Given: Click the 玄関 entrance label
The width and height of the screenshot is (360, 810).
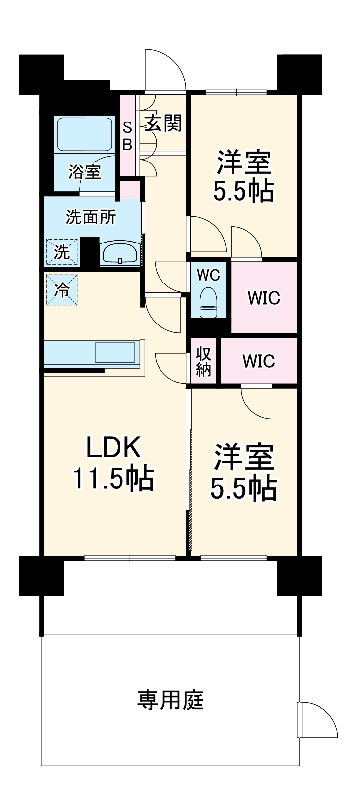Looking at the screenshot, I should (x=163, y=123).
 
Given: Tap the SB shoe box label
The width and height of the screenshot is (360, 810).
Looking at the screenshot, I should (x=127, y=136).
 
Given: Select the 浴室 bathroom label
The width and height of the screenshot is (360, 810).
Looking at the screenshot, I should (x=85, y=172).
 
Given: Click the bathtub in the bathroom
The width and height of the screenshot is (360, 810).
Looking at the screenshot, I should (x=85, y=134).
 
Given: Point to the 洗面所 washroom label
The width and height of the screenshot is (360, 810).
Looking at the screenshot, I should (x=91, y=217).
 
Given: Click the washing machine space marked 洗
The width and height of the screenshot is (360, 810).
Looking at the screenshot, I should (x=62, y=252).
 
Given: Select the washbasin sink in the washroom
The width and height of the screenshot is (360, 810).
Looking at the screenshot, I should (x=120, y=253).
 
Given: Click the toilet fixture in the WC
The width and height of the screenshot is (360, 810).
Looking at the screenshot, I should (x=208, y=302).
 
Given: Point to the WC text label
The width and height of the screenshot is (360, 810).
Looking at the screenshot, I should (x=208, y=275).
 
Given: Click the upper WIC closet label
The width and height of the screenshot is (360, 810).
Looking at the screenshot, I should (x=264, y=298).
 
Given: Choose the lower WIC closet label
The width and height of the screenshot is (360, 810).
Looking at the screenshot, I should (x=259, y=361).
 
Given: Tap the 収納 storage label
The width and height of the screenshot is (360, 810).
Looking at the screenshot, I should (x=203, y=361).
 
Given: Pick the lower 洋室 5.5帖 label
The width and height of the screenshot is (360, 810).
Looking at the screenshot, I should (x=243, y=472).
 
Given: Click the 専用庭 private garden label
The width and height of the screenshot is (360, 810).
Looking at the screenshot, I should (x=170, y=700).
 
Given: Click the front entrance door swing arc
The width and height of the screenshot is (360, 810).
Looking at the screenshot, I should (x=166, y=69).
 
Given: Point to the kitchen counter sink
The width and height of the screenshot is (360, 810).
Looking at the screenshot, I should (x=115, y=353).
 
